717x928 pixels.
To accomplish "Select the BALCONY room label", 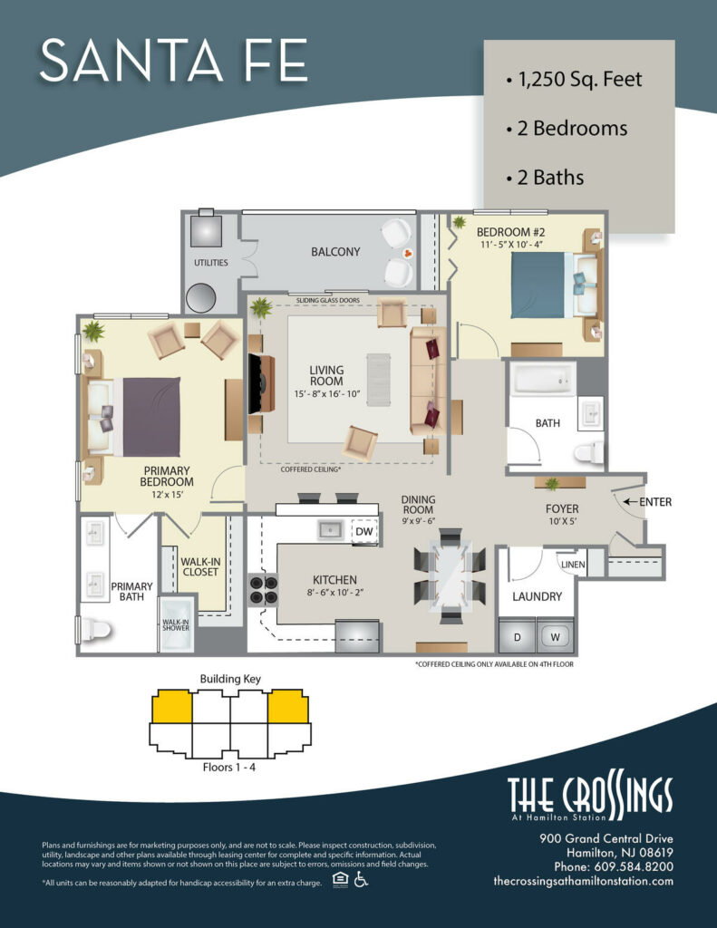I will tap(335, 252).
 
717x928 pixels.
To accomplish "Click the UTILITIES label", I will tap(210, 263).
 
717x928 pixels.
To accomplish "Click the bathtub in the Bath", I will tap(542, 379).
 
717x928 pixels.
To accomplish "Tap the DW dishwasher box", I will tap(363, 531).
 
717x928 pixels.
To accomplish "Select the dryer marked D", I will tap(517, 636).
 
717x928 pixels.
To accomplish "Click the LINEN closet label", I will tap(572, 565).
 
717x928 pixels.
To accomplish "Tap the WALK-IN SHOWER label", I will tap(175, 626).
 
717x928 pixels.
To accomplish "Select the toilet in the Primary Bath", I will tap(93, 628).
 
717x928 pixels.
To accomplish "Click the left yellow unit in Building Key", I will tap(171, 707).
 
